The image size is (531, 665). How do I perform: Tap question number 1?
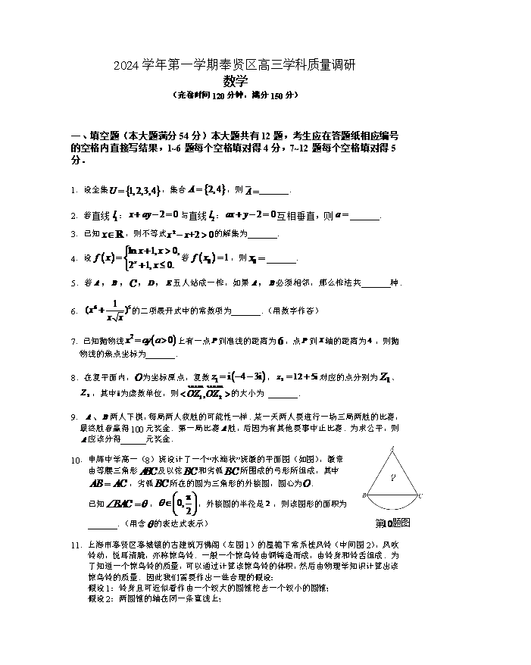tap(73, 190)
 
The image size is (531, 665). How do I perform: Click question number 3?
tap(73, 234)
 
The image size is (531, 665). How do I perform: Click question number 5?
tap(73, 283)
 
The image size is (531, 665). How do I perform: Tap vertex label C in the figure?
tap(420, 496)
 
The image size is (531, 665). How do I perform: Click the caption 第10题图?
tap(392, 523)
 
